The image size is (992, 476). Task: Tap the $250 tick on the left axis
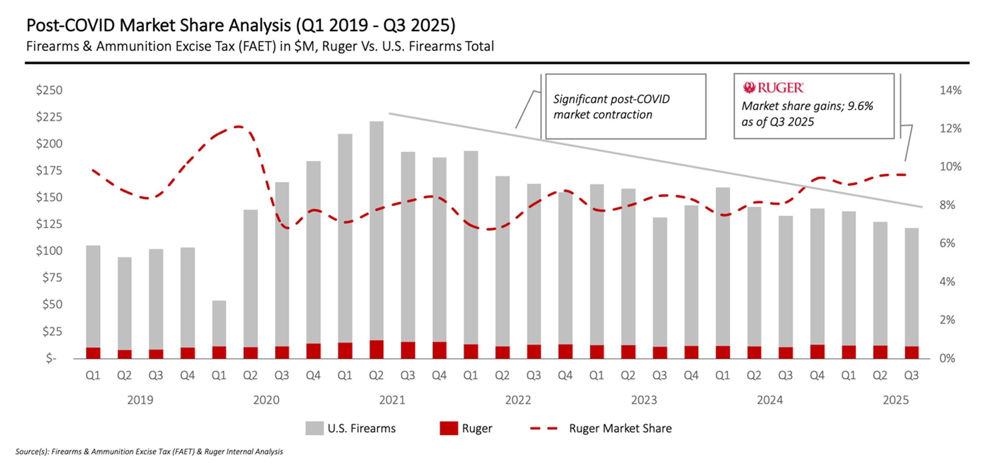49,90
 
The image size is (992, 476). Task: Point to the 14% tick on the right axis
950,90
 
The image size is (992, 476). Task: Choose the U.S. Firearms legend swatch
314,428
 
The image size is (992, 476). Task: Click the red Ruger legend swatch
449,428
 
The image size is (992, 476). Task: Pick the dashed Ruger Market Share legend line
544,428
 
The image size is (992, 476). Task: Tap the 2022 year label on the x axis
518,400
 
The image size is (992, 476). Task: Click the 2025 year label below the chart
895,400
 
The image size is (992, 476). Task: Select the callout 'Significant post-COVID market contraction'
626,107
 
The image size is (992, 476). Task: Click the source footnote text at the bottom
149,451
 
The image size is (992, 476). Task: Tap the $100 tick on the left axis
49,251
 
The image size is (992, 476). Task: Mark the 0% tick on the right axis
947,358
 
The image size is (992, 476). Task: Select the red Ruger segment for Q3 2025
911,352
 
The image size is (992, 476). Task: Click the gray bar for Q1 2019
93,296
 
